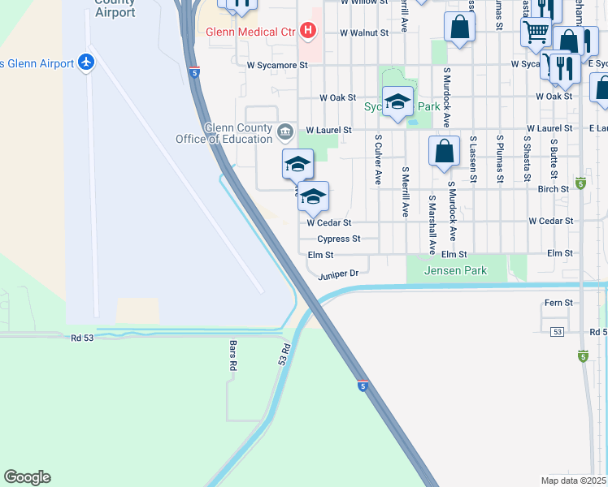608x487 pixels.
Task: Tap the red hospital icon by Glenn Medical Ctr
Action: tap(308, 32)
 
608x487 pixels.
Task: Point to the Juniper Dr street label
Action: tap(338, 274)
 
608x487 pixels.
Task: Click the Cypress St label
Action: tap(338, 239)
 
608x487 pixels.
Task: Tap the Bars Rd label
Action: tap(232, 355)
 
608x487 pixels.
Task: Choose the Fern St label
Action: tap(558, 303)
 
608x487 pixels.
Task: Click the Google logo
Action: tap(28, 477)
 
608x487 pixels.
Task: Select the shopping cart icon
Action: tap(536, 32)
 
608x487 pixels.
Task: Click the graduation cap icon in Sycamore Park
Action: tap(397, 101)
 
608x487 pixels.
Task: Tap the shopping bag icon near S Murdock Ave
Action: tap(444, 151)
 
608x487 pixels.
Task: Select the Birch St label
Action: tap(553, 189)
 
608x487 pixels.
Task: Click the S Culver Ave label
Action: tap(378, 160)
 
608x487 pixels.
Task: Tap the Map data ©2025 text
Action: tap(574, 481)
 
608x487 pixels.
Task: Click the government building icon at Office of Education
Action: tap(285, 131)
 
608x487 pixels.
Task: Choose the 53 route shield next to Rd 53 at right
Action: tap(557, 332)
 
